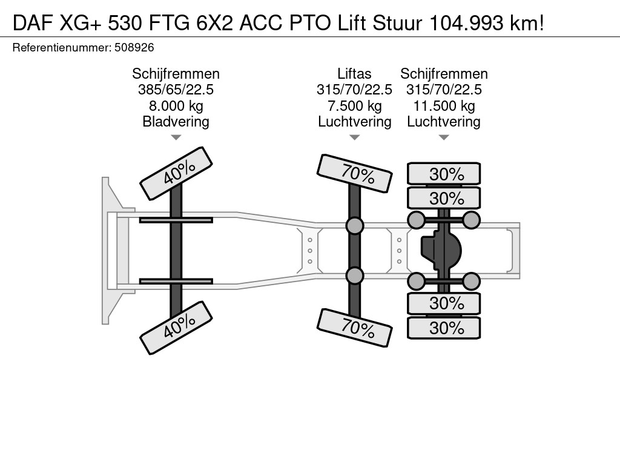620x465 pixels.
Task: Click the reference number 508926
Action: point(134,48)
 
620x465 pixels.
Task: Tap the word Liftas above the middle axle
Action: point(354,74)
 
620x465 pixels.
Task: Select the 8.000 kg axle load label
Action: point(176,106)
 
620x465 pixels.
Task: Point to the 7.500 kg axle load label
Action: point(354,106)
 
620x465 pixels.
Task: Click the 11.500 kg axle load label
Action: point(444,106)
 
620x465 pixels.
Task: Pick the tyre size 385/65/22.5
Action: point(176,90)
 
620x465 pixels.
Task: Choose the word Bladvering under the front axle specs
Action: point(176,122)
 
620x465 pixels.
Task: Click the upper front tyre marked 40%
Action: point(176,174)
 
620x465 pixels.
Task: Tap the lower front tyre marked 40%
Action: point(176,328)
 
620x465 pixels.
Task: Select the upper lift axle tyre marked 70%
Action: point(355,174)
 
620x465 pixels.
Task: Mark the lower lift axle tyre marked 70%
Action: point(355,328)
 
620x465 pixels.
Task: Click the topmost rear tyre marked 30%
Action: point(444,174)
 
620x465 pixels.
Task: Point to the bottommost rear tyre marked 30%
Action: point(444,328)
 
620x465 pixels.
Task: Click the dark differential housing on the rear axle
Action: point(441,251)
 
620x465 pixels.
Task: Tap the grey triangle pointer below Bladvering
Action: point(176,137)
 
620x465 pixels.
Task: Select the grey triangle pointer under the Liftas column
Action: point(355,137)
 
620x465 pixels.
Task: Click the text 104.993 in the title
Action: point(466,24)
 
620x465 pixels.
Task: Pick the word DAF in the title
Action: point(33,24)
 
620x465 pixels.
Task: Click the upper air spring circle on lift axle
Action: point(355,225)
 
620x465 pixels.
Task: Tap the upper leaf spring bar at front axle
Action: point(176,220)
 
